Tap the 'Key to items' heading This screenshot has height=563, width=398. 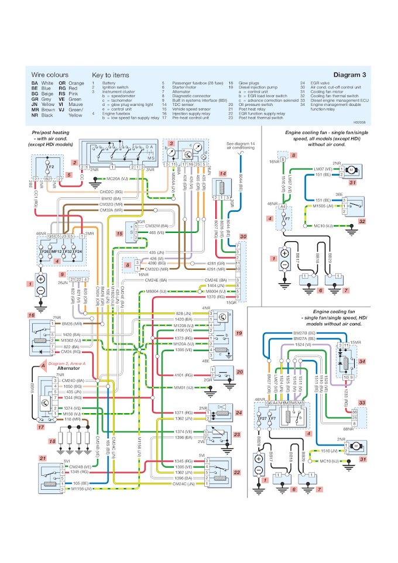tap(111, 75)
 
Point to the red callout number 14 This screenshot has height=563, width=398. tap(222, 174)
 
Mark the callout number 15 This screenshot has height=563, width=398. tap(119, 234)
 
